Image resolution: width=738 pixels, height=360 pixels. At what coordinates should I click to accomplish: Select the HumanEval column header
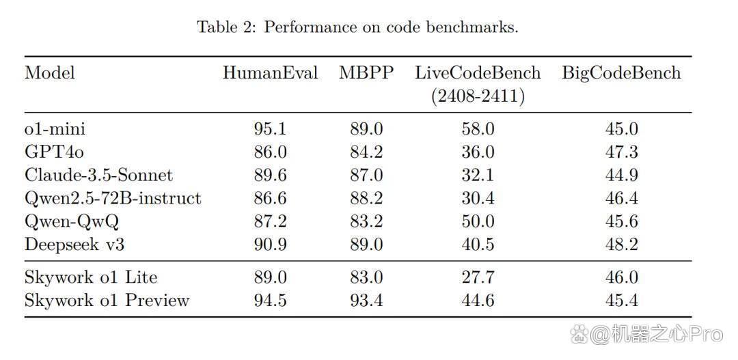270,73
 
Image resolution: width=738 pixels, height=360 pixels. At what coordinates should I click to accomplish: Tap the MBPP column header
366,73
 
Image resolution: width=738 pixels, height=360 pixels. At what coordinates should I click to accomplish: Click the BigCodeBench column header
621,73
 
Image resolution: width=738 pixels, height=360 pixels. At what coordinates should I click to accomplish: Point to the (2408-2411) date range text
478,96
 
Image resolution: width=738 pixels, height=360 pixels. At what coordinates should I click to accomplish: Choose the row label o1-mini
55,128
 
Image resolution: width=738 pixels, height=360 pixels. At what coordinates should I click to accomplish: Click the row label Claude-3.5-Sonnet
99,175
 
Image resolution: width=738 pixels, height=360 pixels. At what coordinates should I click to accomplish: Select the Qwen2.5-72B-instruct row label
113,198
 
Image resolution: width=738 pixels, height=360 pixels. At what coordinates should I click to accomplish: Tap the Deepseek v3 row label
74,245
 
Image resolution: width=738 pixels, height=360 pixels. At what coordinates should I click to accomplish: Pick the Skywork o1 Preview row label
107,300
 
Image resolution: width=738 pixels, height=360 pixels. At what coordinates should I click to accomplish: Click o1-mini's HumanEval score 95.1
270,129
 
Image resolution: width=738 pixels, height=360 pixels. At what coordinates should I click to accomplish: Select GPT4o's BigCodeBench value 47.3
622,152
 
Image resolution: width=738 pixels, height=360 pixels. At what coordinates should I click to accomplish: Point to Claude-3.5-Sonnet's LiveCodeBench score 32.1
478,175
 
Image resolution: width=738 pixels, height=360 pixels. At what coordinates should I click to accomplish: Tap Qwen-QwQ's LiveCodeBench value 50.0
478,221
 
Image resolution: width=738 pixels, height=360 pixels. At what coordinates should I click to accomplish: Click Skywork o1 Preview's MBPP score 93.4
366,300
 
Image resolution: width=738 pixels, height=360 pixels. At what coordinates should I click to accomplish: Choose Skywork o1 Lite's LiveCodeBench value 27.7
478,277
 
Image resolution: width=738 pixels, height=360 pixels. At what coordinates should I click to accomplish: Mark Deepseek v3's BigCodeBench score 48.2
622,245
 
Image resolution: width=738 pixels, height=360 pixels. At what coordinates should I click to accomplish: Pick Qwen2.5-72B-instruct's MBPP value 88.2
366,198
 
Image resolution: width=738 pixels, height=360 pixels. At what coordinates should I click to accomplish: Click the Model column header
49,73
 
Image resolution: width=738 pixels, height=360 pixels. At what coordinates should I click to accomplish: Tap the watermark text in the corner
646,333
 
